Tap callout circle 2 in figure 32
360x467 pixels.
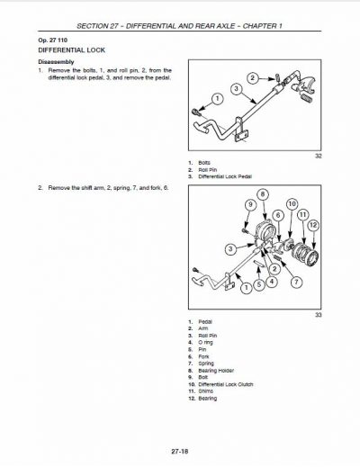coord(251,78)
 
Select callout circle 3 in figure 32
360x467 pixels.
coord(235,90)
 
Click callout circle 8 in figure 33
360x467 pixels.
coord(262,194)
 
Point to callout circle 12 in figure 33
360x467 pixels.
coord(314,225)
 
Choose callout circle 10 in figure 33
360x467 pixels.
coord(291,204)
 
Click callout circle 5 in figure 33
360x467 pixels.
coord(259,283)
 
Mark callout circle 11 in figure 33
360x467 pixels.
coord(303,214)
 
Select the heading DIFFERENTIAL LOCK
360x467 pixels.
coord(64,51)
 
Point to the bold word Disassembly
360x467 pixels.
coord(56,62)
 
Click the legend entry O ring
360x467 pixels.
coord(206,341)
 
